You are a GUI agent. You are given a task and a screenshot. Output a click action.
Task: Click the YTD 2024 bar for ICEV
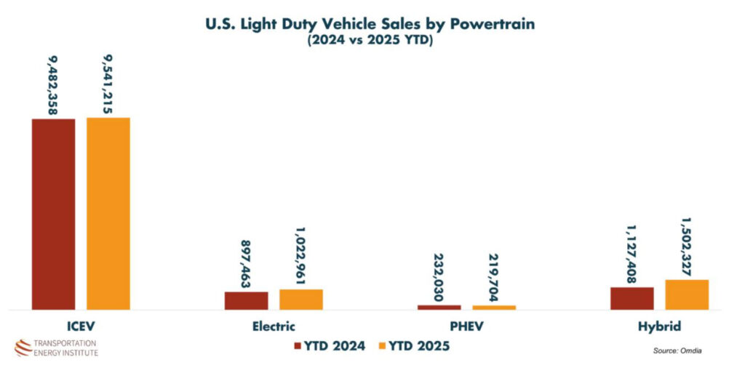tap(53, 214)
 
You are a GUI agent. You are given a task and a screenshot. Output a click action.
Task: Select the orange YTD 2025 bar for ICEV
tap(108, 213)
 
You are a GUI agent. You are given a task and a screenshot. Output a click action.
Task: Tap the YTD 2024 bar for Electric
tap(246, 300)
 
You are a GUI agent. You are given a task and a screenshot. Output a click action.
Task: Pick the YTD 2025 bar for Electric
tap(301, 299)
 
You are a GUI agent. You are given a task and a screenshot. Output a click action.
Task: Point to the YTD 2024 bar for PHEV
tap(439, 308)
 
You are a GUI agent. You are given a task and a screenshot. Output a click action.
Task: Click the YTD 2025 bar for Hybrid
tap(687, 294)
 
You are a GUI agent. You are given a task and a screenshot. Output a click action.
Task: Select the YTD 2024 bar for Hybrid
tap(632, 298)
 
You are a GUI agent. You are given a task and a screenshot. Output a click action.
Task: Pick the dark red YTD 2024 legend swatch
tap(298, 346)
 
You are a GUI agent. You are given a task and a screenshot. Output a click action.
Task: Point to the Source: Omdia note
tap(677, 350)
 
